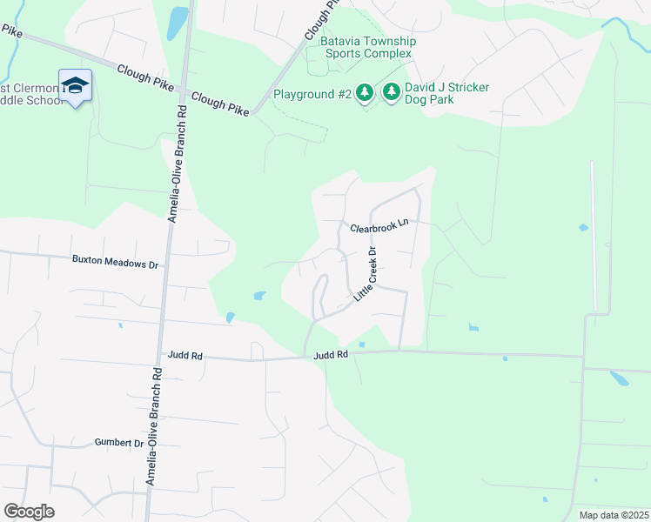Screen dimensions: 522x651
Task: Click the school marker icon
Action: tap(76, 85)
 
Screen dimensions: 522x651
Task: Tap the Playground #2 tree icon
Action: tap(366, 92)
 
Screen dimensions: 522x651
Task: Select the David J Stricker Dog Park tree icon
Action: tap(392, 92)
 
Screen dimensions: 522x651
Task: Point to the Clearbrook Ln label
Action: tap(379, 227)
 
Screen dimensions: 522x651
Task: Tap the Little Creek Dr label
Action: tap(365, 275)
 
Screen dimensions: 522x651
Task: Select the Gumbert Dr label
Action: tap(118, 443)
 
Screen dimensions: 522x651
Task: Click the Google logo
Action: tap(29, 512)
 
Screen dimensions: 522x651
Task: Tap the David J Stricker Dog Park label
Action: tap(446, 93)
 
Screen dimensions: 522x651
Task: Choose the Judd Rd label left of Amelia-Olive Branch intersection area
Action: tap(184, 356)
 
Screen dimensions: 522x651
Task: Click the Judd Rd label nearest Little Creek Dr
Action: tap(331, 355)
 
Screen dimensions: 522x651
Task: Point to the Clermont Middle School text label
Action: tap(30, 93)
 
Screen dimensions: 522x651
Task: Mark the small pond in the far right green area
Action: tap(621, 378)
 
